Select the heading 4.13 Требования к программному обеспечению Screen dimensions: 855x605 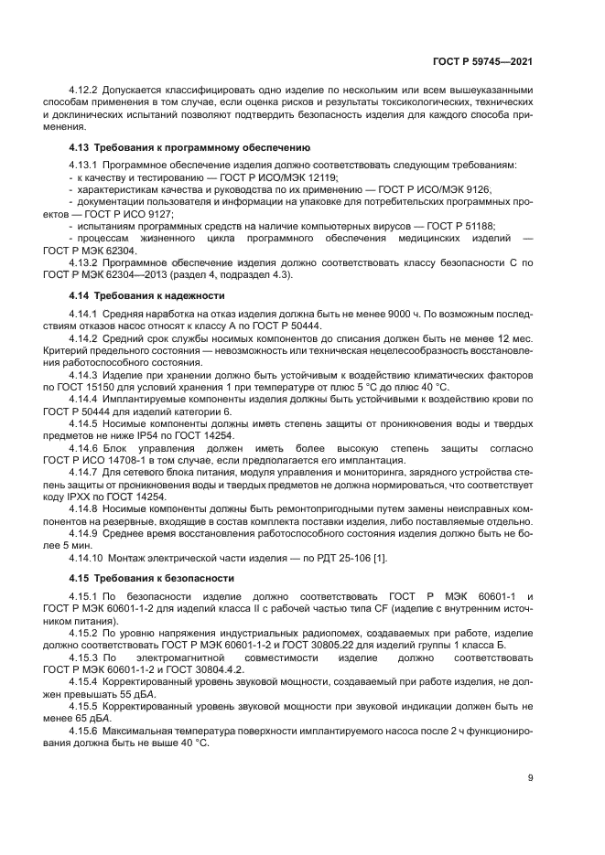190,147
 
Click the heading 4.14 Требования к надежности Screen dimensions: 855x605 148,296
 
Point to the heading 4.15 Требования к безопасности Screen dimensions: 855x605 152,578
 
